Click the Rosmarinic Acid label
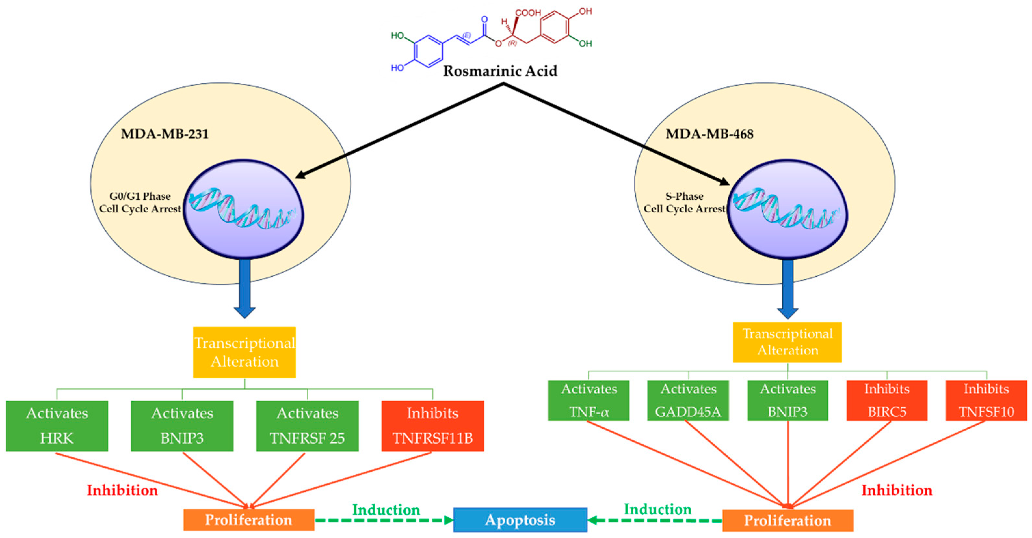coord(500,71)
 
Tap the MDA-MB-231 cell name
coord(165,133)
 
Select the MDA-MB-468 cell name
coord(709,133)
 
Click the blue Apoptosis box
coord(520,520)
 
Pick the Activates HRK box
coord(57,426)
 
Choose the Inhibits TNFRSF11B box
coord(432,426)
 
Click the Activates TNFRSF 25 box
coord(307,426)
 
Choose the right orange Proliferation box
coord(787,520)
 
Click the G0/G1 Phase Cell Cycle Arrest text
coord(140,202)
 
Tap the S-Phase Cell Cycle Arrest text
coord(684,202)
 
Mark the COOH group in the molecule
coord(528,12)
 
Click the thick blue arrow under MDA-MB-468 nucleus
coord(787,289)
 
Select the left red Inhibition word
coord(122,490)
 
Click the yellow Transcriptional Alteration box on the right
coord(787,342)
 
